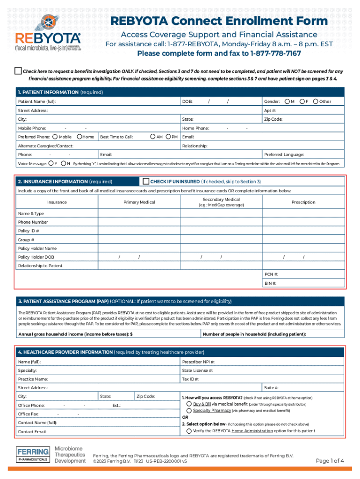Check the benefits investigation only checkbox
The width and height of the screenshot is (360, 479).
coord(18,71)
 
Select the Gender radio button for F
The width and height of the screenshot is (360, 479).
coord(302,102)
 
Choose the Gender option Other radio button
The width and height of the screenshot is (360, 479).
coord(316,102)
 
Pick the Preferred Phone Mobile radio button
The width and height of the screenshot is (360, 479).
coord(55,137)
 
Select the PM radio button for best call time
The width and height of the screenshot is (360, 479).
coord(168,137)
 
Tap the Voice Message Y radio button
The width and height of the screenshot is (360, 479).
coord(50,163)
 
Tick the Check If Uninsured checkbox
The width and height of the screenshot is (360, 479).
coord(146,181)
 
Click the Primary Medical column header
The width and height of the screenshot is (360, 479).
coord(139,202)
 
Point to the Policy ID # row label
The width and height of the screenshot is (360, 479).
coord(29,231)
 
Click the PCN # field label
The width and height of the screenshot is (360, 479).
coord(271,274)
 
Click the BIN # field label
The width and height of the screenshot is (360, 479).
coord(271,283)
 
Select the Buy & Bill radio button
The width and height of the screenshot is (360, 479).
coord(189,403)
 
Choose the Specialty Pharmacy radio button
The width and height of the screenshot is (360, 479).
coord(189,410)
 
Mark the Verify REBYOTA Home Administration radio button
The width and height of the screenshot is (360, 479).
coord(189,430)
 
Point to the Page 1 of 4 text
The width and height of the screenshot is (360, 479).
coord(330,461)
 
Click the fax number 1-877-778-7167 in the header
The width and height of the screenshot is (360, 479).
coord(276,53)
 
